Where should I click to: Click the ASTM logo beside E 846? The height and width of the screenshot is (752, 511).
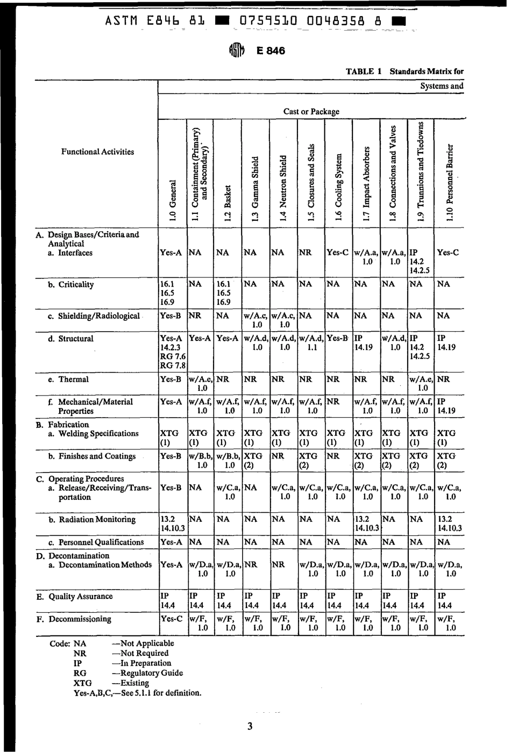[237, 51]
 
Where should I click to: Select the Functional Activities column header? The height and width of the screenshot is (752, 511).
[97, 152]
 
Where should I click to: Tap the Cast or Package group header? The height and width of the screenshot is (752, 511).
[311, 112]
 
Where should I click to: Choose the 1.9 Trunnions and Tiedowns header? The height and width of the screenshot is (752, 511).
[421, 171]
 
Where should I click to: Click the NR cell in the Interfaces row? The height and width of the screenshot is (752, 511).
[305, 252]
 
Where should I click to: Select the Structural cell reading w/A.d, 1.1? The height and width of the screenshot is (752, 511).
[311, 343]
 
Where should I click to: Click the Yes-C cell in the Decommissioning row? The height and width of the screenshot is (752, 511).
[172, 619]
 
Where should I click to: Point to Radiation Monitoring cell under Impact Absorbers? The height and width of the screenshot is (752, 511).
[366, 524]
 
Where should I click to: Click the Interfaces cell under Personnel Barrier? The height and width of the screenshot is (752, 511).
[448, 252]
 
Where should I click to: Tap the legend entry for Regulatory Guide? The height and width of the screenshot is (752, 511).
[129, 673]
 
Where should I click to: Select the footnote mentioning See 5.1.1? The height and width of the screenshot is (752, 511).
[138, 693]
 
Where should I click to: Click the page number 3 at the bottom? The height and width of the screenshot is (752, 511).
[250, 727]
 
